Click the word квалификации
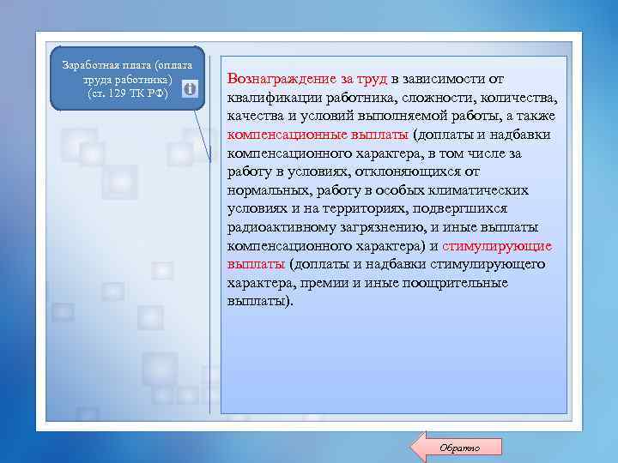tap(275, 98)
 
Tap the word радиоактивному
tap(281, 227)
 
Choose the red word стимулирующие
tap(498, 246)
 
